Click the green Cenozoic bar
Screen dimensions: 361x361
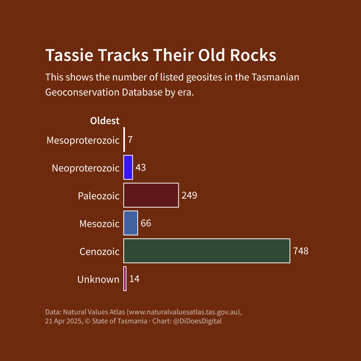point(207,251)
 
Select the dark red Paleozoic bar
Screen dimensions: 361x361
point(151,195)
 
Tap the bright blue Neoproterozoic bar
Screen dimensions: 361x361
point(128,167)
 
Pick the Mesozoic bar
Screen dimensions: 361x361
point(130,223)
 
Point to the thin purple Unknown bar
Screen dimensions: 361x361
point(125,279)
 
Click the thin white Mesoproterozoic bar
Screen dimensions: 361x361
point(124,140)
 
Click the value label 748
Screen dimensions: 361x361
point(301,251)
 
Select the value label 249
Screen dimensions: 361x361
point(189,196)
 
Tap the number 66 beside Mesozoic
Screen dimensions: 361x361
point(146,223)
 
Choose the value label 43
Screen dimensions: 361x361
point(141,168)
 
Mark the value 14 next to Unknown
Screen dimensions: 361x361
point(134,279)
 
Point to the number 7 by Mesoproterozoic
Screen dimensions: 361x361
point(130,140)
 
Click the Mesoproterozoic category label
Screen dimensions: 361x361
point(83,140)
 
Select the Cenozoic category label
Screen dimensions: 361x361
point(99,252)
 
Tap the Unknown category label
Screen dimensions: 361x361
point(98,279)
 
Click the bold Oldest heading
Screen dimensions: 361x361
point(105,121)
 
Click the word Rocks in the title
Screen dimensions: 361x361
point(253,55)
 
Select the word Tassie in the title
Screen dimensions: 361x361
point(69,55)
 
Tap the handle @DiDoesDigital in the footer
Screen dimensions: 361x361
point(197,321)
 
